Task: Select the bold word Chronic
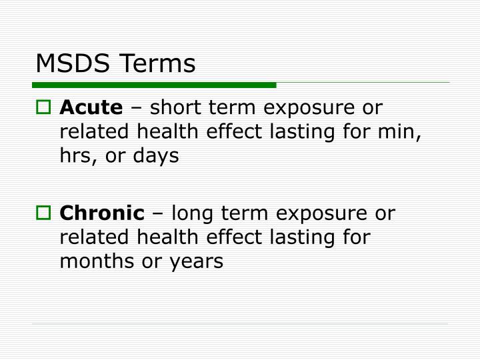pos(102,213)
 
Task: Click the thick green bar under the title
pos(154,85)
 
